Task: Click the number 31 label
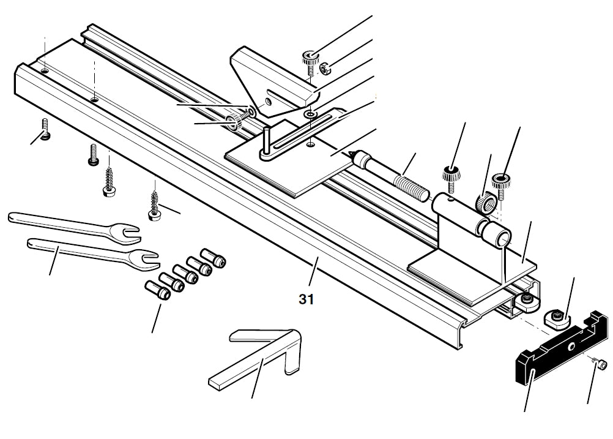[306, 299]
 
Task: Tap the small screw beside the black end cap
[601, 366]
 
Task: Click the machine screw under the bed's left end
[45, 129]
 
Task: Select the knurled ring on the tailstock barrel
[485, 203]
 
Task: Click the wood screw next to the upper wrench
[154, 206]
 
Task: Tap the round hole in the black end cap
[571, 347]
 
